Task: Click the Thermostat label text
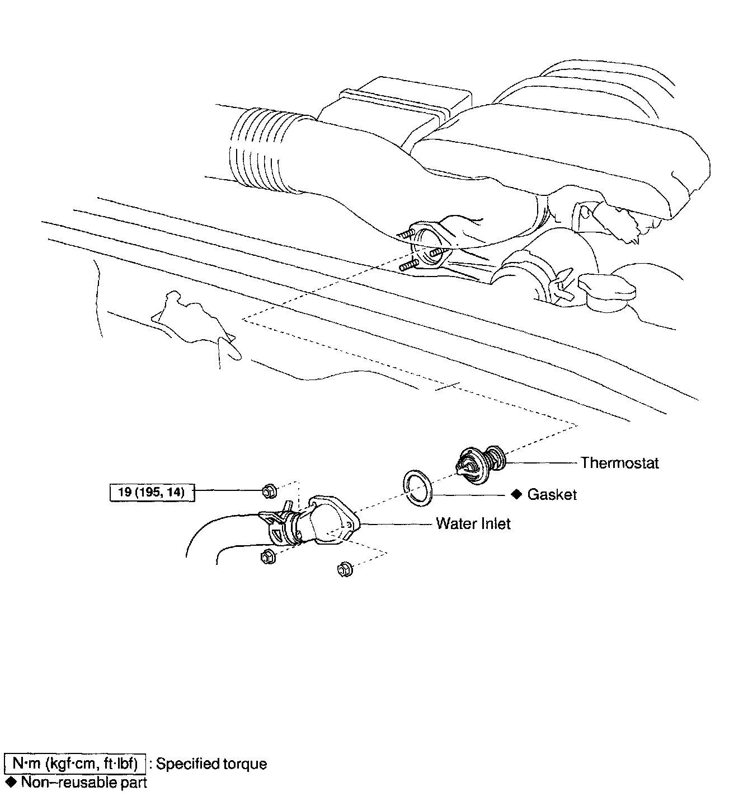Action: (619, 463)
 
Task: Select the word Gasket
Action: (552, 495)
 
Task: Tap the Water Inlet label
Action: (473, 524)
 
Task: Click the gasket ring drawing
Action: (417, 488)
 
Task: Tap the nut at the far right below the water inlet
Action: (345, 570)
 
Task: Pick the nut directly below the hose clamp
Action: (267, 557)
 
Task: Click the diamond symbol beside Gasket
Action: (516, 494)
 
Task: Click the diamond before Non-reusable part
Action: (10, 781)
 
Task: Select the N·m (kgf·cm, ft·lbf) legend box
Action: (74, 764)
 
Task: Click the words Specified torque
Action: (211, 764)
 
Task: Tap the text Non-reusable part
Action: (83, 782)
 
